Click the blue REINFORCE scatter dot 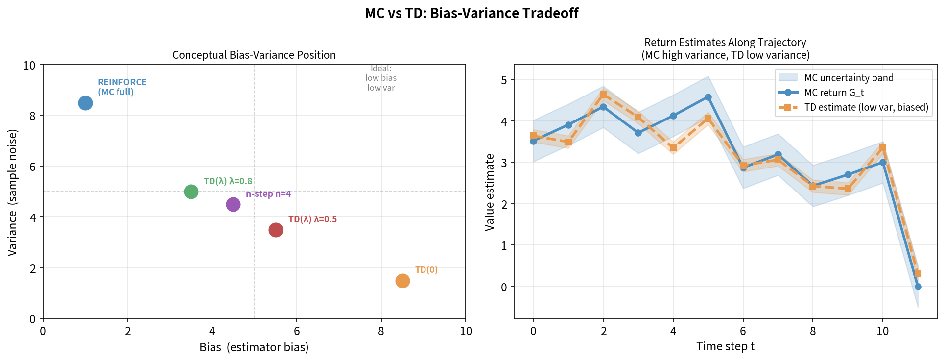tap(85, 103)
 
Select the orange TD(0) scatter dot tap(402, 281)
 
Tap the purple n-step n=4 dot tap(233, 204)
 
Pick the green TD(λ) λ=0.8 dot tap(191, 192)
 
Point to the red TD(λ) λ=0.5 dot tap(276, 230)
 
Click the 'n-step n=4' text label tap(268, 194)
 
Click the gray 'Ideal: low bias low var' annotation tap(381, 78)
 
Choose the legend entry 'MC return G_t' tap(834, 93)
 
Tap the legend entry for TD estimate tap(866, 107)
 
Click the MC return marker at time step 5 tap(708, 97)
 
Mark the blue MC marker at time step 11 tap(918, 287)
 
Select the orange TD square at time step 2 tap(603, 94)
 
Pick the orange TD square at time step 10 tap(883, 147)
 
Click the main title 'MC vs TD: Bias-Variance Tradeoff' tap(472, 13)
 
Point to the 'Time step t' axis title tap(725, 346)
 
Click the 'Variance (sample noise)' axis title tap(12, 192)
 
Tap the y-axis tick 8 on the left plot tap(32, 116)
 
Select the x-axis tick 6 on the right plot tap(743, 331)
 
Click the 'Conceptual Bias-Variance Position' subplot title tap(254, 55)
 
